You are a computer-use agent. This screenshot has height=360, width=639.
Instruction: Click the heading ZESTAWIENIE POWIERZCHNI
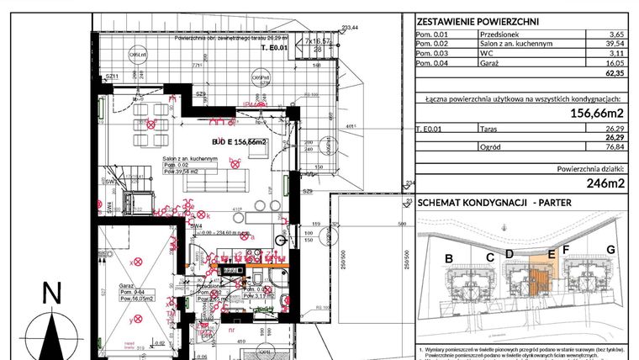(478, 22)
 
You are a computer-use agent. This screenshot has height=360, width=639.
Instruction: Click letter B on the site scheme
(449, 257)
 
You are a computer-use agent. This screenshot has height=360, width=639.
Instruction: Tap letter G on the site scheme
(610, 250)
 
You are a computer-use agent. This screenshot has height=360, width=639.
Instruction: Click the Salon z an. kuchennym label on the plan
(185, 158)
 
